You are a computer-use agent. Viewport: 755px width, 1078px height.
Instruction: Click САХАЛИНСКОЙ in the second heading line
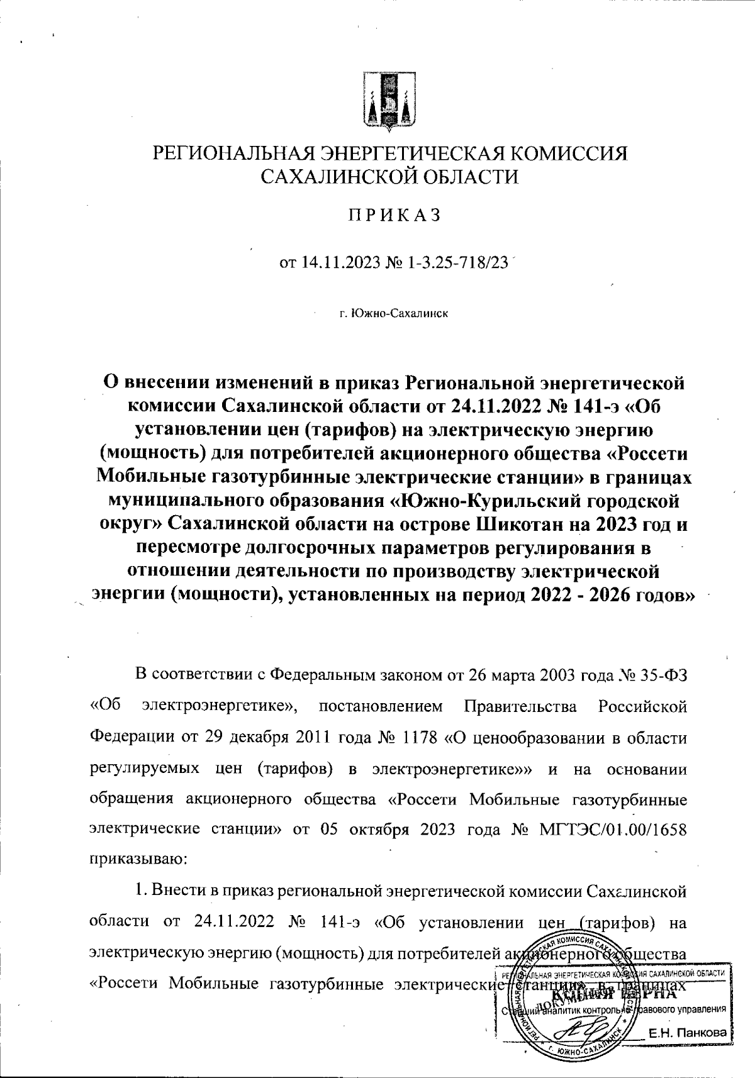pos(337,177)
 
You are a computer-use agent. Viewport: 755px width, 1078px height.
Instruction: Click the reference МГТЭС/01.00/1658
pos(613,828)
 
